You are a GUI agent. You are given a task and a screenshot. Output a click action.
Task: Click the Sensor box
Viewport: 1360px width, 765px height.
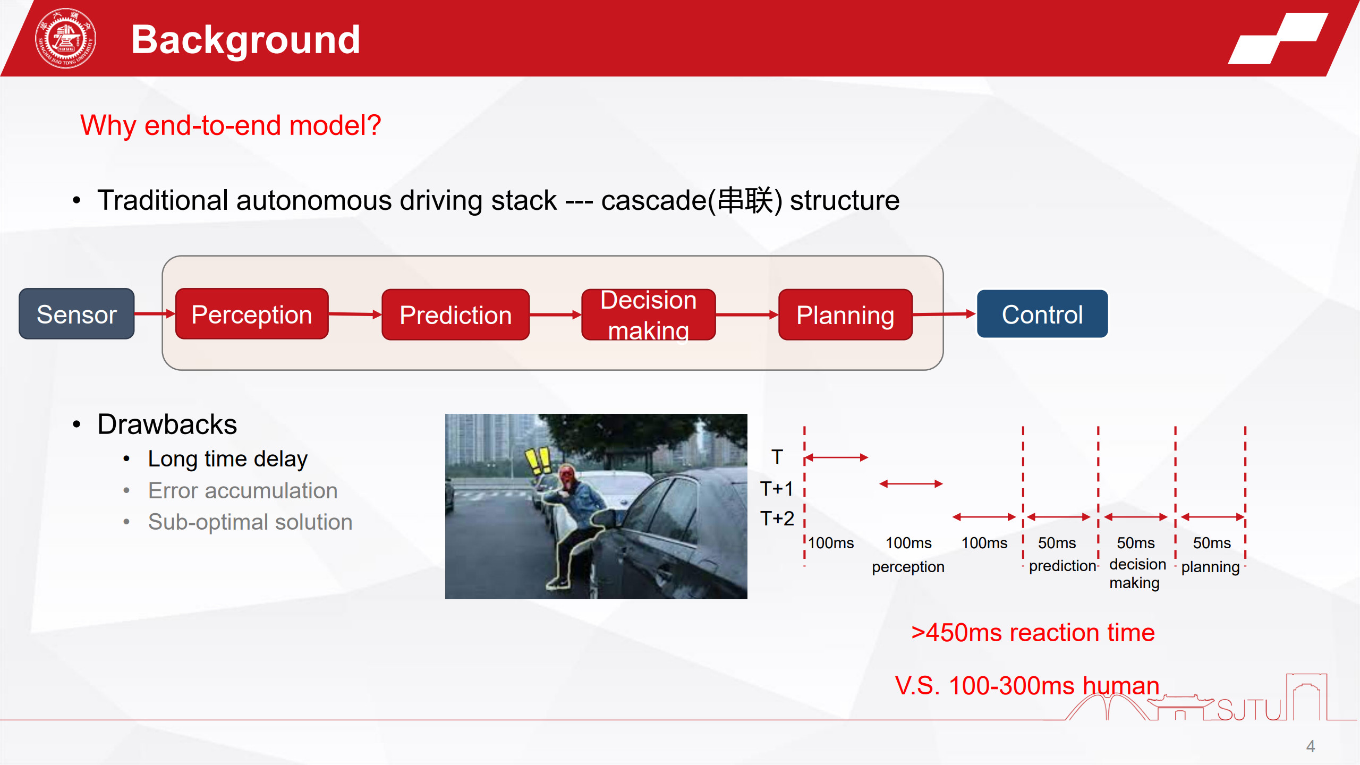[76, 314]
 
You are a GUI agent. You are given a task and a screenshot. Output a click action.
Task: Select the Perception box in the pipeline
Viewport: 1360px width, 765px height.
[252, 314]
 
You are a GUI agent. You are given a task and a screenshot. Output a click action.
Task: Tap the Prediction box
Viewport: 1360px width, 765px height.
[455, 314]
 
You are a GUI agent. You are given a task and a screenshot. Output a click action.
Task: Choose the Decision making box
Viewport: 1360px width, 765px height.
[649, 314]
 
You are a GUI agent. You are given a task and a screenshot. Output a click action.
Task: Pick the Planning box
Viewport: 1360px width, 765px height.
[845, 314]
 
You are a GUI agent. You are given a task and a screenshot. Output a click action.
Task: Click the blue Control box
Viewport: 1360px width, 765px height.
[1042, 314]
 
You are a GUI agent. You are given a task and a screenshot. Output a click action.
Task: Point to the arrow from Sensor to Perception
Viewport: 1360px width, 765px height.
[155, 314]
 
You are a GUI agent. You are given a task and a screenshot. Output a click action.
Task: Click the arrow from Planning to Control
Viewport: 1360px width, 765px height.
[945, 314]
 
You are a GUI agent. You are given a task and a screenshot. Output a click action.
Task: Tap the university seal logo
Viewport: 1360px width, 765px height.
[65, 38]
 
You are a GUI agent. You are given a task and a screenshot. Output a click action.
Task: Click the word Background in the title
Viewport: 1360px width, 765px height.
[245, 39]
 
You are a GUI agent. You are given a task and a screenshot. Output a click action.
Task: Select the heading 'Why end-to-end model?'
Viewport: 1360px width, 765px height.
[231, 126]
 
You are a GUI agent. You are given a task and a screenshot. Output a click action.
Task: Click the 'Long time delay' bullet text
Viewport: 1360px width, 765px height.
[227, 459]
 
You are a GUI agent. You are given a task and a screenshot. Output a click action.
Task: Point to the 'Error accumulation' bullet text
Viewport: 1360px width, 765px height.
[243, 490]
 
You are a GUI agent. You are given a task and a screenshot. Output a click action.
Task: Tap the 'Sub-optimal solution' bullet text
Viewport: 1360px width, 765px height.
[250, 522]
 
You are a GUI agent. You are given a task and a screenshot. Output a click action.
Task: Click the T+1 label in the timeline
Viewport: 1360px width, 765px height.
[776, 488]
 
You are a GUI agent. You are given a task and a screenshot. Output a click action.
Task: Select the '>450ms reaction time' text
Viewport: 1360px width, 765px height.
[1033, 633]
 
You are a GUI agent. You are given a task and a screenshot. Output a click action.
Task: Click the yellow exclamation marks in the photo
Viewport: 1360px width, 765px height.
[538, 461]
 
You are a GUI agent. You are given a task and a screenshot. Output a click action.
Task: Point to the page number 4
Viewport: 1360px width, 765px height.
[1311, 746]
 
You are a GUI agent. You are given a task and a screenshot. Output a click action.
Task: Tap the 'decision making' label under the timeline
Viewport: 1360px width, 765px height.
[1137, 573]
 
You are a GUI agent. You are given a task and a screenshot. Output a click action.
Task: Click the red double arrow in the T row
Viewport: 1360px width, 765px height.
[837, 457]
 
